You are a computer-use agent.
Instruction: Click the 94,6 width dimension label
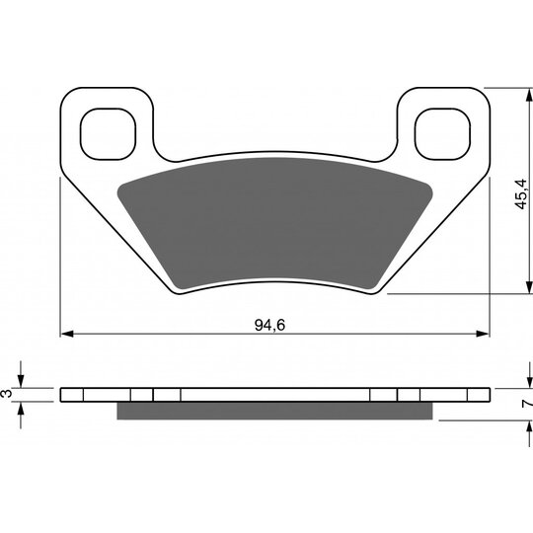coord(269,326)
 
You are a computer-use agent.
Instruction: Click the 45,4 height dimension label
coord(521,193)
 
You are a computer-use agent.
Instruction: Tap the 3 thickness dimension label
coord(7,394)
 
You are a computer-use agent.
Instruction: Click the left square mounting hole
coord(109,134)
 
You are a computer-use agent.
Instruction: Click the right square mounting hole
coord(442,134)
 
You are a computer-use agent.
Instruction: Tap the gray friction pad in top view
coord(274,223)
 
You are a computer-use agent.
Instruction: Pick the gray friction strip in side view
coord(274,411)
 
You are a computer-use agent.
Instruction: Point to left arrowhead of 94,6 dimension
coord(67,334)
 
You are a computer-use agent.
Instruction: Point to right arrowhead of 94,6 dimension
coord(483,334)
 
